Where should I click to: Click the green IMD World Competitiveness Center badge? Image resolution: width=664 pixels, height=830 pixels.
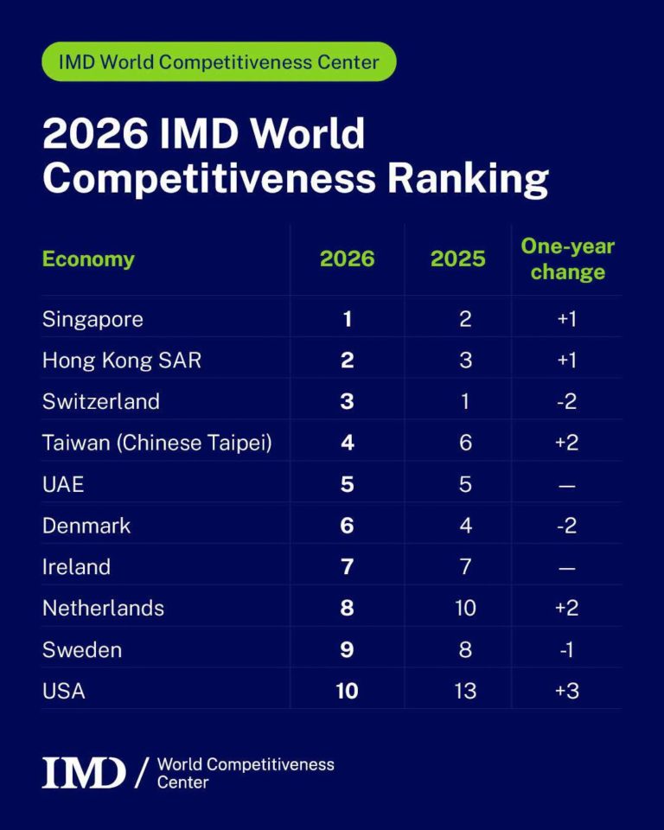click(x=219, y=61)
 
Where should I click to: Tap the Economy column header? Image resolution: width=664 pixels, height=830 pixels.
click(x=88, y=259)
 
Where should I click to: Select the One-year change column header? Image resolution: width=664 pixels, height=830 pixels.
click(x=568, y=259)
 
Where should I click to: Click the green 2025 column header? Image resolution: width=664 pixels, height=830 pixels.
click(x=457, y=259)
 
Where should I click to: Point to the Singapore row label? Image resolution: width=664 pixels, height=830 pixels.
click(x=93, y=320)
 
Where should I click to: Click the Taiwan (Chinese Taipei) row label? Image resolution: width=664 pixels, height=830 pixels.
click(x=157, y=443)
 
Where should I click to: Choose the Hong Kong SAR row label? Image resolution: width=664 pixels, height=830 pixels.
click(x=122, y=361)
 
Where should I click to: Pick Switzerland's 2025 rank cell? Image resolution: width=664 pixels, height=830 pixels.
click(x=465, y=402)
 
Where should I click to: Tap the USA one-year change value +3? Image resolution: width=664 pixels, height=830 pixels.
click(x=566, y=691)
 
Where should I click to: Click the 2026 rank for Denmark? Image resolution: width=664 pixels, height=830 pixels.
click(x=347, y=526)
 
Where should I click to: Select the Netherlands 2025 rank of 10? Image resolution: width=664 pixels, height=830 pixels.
click(x=465, y=608)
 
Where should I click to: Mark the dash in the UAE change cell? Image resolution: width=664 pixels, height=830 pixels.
click(x=566, y=486)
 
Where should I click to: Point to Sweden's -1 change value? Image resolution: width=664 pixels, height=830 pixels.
click(x=566, y=649)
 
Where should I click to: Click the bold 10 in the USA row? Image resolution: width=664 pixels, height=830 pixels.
click(x=347, y=691)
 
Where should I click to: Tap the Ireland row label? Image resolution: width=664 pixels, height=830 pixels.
click(x=76, y=567)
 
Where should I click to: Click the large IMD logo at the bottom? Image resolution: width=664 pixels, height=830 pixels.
click(x=84, y=773)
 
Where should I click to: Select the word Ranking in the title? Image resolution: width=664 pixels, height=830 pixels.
click(x=468, y=178)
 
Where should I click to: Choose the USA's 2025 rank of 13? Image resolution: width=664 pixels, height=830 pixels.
click(x=465, y=691)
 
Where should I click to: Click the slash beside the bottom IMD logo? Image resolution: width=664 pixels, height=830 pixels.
click(x=140, y=773)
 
